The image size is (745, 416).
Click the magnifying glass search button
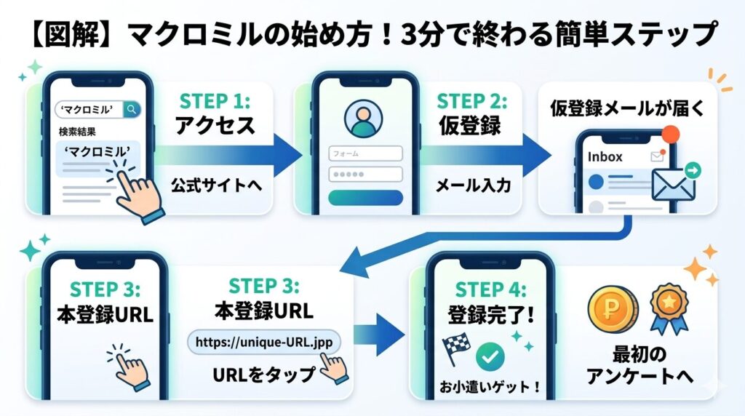pyautogui.click(x=132, y=110)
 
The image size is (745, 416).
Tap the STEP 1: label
pyautogui.click(x=215, y=101)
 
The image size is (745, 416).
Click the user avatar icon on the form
pyautogui.click(x=364, y=119)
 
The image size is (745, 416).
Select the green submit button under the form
pyautogui.click(x=365, y=198)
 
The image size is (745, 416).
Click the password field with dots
pyautogui.click(x=365, y=175)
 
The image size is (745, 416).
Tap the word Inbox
pyautogui.click(x=605, y=156)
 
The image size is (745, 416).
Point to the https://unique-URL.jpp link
pyautogui.click(x=264, y=342)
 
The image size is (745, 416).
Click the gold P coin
pyautogui.click(x=613, y=310)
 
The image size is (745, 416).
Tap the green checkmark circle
pyautogui.click(x=490, y=356)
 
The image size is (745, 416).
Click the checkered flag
pyautogui.click(x=457, y=348)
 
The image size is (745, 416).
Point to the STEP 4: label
pyautogui.click(x=490, y=289)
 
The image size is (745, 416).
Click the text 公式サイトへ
pyautogui.click(x=217, y=185)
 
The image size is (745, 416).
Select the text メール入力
pyautogui.click(x=473, y=185)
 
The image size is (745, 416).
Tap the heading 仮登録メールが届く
pyautogui.click(x=628, y=108)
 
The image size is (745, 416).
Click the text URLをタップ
pyautogui.click(x=263, y=375)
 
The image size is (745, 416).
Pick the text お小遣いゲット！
pyautogui.click(x=490, y=387)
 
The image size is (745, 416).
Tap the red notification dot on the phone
pyautogui.click(x=670, y=135)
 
